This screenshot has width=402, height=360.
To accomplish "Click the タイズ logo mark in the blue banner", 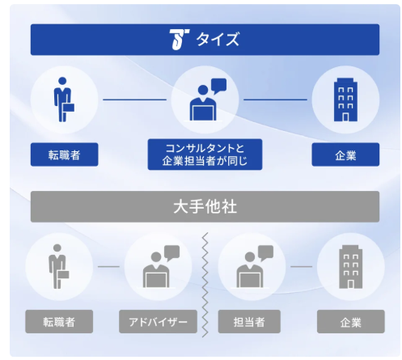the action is [179, 40].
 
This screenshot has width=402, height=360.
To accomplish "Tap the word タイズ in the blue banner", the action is [218, 40].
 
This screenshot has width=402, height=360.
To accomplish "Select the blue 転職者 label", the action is [64, 155].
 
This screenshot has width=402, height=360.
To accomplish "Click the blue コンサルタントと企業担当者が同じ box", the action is [205, 155].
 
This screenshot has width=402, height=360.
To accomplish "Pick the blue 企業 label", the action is [345, 155].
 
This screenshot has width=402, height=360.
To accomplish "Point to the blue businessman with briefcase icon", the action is [64, 100].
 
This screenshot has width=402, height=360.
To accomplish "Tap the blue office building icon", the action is [345, 100].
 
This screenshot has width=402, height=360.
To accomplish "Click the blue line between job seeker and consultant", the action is [135, 100].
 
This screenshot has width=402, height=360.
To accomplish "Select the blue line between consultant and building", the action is [275, 100].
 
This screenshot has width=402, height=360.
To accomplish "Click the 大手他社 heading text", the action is [205, 207].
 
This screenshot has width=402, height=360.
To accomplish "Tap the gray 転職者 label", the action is [59, 321].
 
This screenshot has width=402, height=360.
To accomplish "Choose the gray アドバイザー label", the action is [158, 321].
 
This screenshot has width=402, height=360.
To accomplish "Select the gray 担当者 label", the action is [249, 321].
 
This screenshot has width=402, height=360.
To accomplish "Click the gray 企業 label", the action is [351, 321].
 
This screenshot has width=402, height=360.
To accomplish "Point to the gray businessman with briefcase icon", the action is [58, 266].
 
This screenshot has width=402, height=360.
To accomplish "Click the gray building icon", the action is [350, 267].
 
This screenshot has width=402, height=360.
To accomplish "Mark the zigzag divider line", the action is [205, 285].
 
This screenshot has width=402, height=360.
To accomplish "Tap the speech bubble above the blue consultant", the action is [218, 86].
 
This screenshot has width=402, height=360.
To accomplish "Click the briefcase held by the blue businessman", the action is [69, 108].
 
